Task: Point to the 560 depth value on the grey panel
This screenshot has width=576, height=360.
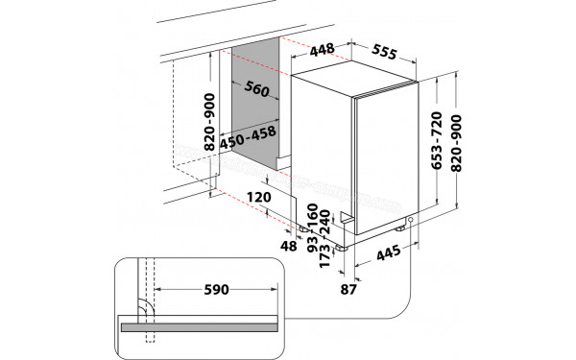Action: [x=254, y=91]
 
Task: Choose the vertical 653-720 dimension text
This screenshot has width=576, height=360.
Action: [x=437, y=142]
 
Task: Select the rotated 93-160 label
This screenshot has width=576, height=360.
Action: [x=311, y=227]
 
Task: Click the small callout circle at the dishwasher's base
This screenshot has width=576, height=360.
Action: [x=410, y=222]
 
